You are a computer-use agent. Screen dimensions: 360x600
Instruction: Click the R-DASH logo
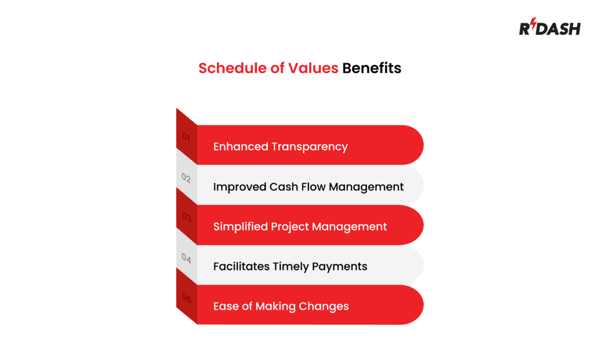pyautogui.click(x=549, y=28)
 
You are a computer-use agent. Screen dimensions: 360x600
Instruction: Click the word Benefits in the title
pyautogui.click(x=371, y=68)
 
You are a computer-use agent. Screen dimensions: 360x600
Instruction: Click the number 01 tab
pyautogui.click(x=186, y=137)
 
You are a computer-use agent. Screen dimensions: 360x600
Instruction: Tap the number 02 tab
pyautogui.click(x=186, y=178)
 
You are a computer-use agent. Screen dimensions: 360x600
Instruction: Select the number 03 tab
pyautogui.click(x=186, y=217)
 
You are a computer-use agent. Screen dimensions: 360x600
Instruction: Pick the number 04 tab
pyautogui.click(x=186, y=257)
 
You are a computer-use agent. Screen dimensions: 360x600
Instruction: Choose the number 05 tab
pyautogui.click(x=186, y=298)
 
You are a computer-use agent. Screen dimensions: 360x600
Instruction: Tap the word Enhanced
pyautogui.click(x=238, y=147)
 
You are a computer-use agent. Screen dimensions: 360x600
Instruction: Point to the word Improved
pyautogui.click(x=239, y=187)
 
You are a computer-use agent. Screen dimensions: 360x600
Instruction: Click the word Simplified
pyautogui.click(x=240, y=226)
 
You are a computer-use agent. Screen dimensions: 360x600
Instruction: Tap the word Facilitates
pyautogui.click(x=241, y=267)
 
